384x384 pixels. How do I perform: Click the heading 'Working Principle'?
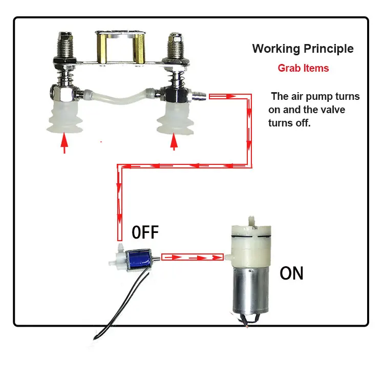pos(303,49)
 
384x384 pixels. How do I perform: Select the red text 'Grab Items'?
pos(303,68)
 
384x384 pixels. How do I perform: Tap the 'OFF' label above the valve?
pos(145,233)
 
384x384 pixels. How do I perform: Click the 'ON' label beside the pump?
pos(291,273)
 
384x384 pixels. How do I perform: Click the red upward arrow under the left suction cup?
pos(64,142)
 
